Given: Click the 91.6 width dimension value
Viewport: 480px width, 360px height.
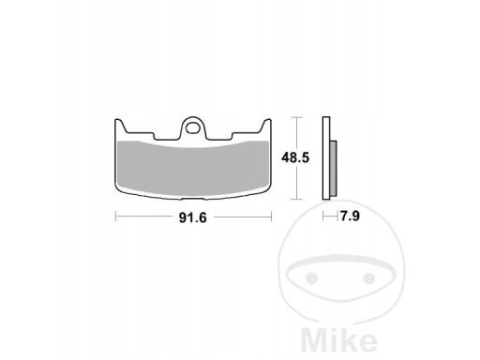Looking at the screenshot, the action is (x=192, y=217).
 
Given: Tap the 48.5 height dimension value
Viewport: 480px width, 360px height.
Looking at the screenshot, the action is (x=295, y=157).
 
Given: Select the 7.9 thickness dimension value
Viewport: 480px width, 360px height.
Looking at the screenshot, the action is (x=350, y=216).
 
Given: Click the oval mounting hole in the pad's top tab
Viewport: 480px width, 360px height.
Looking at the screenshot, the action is (x=193, y=127).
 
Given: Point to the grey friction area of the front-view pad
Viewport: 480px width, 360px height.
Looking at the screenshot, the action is (x=193, y=169).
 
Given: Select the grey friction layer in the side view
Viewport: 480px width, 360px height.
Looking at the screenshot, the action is (x=333, y=169).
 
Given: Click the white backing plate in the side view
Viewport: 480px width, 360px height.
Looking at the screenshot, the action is (x=326, y=158).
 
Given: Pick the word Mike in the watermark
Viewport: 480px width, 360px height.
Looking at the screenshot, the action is (x=339, y=341).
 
